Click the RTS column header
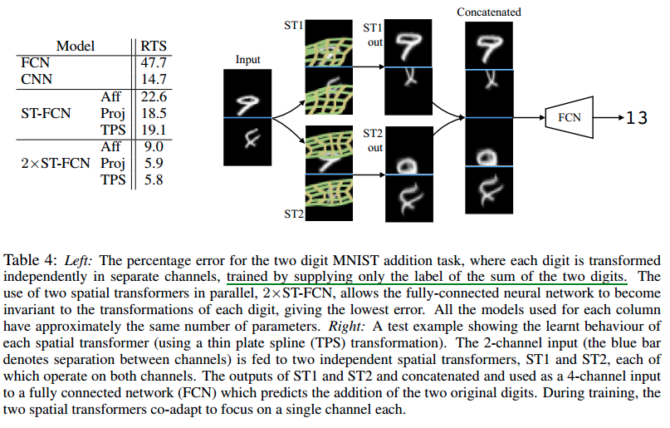pos(157,47)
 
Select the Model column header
pos(75,47)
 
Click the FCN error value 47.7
pos(157,62)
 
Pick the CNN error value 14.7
pos(157,78)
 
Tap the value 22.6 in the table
pos(157,98)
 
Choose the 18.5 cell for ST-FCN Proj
pos(157,114)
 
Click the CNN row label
pos(37,78)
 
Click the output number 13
pos(636,118)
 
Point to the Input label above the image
pos(248,60)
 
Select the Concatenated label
pos(489,12)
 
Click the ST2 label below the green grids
pos(293,214)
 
